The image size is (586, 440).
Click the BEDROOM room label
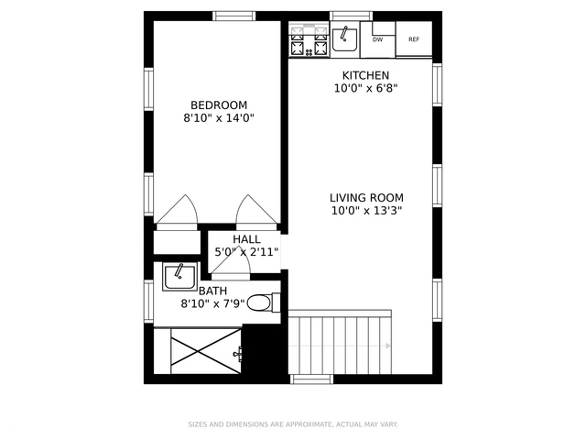[219, 105]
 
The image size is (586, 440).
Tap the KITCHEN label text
[365, 75]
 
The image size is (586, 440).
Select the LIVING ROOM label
[366, 198]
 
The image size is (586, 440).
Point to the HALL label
[246, 239]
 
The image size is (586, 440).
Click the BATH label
[212, 291]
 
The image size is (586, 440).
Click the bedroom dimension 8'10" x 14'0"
[219, 118]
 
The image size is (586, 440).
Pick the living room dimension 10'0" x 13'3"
[366, 211]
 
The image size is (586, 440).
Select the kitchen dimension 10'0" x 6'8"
[365, 89]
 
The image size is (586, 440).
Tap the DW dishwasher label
[378, 39]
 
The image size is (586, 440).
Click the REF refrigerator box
[414, 38]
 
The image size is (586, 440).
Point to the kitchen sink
[344, 39]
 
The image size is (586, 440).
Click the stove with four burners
[309, 39]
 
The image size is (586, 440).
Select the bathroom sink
[179, 277]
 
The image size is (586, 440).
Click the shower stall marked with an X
[206, 351]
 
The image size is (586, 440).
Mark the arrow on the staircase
[340, 346]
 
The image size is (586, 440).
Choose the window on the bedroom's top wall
[234, 16]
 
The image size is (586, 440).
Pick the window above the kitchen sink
[351, 16]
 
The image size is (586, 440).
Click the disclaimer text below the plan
[293, 424]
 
